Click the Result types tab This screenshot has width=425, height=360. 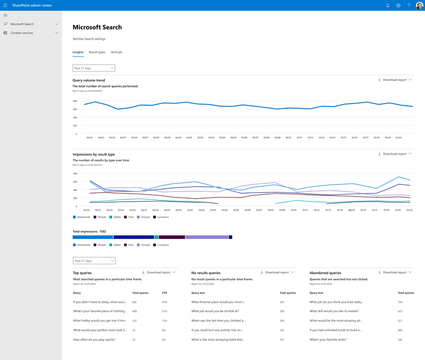tap(97, 52)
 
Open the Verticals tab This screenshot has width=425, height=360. tap(116, 52)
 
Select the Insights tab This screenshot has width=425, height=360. tap(78, 52)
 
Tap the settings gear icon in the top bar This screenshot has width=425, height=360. tap(398, 5)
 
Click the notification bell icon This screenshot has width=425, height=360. tap(388, 5)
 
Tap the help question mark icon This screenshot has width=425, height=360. tap(409, 5)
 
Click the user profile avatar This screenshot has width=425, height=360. tap(419, 5)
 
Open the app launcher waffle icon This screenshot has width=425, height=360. tap(5, 5)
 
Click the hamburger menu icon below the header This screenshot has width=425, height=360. tap(5, 15)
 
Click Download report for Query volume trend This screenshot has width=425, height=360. tap(394, 80)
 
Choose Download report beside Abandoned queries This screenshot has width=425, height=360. tap(394, 272)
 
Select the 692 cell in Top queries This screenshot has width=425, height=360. tap(135, 302)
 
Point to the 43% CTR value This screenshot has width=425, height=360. tap(164, 302)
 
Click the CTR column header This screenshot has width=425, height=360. tap(164, 293)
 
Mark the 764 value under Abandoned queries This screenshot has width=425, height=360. tap(400, 302)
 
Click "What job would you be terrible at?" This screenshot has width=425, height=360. tap(215, 311)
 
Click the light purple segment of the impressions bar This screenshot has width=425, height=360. tap(207, 237)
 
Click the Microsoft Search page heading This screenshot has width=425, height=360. tap(97, 27)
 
